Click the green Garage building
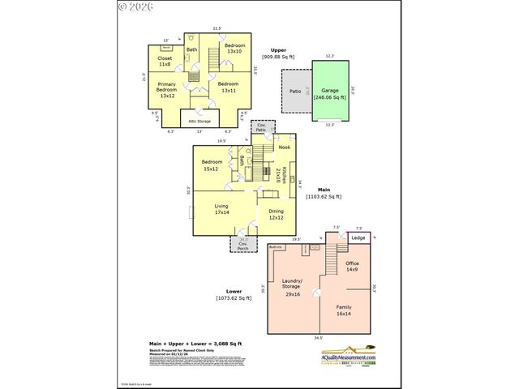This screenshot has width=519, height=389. [329, 96]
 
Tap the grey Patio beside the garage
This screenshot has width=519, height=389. [296, 91]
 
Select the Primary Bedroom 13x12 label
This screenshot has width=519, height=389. [167, 90]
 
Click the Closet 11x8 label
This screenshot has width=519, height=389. [165, 61]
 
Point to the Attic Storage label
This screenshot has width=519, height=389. [199, 122]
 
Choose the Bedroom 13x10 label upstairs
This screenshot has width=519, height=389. [234, 48]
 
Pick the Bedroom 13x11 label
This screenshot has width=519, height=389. [228, 87]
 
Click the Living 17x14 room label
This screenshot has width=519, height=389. [221, 210]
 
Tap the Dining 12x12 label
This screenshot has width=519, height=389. [276, 214]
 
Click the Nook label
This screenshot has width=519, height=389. [284, 147]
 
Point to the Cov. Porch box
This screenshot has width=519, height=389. [242, 243]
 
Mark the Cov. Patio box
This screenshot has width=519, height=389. [261, 127]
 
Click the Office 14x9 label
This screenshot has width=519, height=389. [352, 267]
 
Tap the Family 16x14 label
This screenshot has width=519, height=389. [344, 310]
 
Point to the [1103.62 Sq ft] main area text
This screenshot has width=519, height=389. [324, 196]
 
